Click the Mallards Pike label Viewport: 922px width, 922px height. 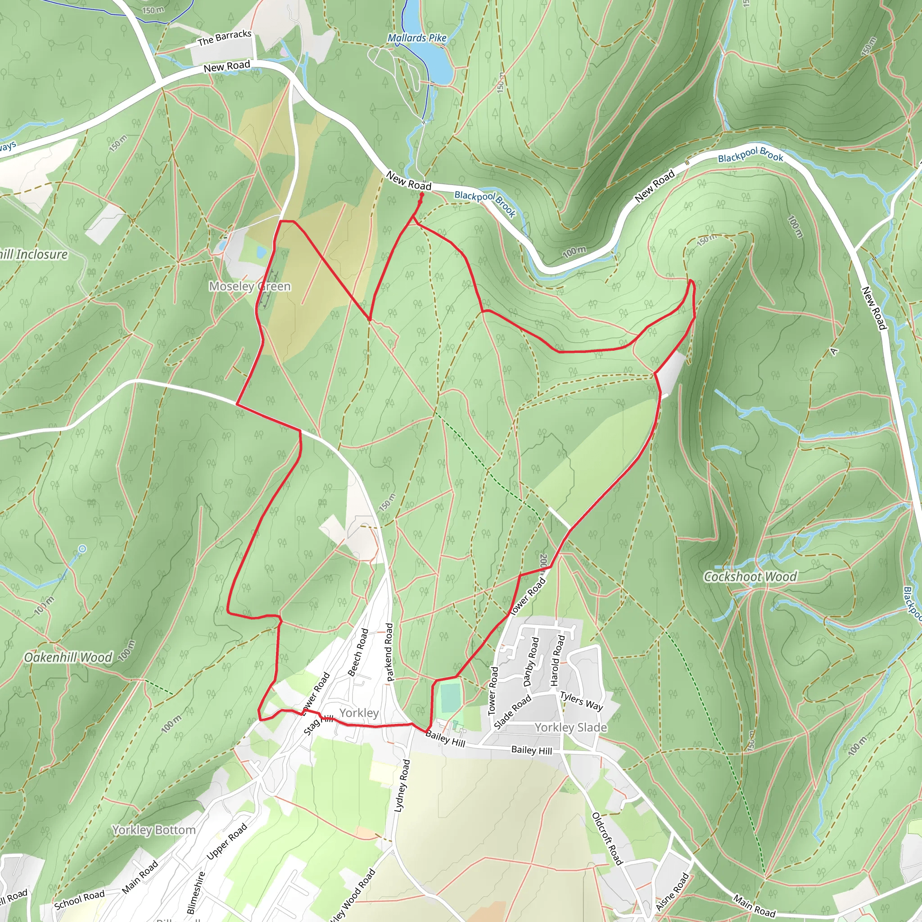click(416, 38)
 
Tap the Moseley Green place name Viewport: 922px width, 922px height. click(249, 286)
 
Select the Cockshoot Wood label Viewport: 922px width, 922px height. click(750, 577)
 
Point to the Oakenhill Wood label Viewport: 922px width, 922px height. click(68, 658)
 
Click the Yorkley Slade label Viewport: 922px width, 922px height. click(571, 728)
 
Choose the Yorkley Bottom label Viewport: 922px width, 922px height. click(154, 830)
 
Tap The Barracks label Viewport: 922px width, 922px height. click(224, 38)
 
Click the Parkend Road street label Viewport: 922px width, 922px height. click(389, 652)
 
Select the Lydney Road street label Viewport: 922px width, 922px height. click(402, 786)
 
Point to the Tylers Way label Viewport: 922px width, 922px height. click(581, 701)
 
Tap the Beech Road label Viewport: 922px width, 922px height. click(358, 652)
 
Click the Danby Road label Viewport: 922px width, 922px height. click(531, 661)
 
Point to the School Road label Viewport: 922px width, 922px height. click(79, 899)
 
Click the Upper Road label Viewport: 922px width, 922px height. click(227, 842)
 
